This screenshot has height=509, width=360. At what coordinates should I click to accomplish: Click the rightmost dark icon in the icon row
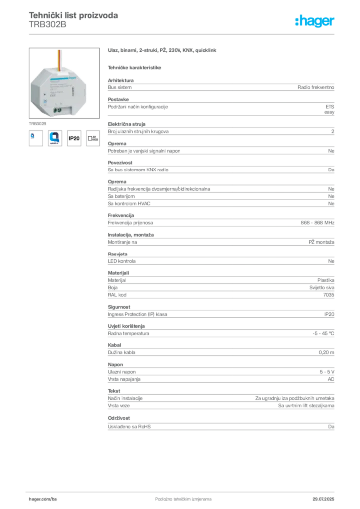[93, 139]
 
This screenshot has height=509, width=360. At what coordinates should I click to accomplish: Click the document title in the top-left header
[74, 16]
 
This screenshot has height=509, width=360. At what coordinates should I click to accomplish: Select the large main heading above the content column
[163, 51]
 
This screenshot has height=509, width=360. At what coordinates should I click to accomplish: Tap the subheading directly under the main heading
[135, 67]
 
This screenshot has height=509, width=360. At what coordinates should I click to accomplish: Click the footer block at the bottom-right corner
[324, 496]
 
